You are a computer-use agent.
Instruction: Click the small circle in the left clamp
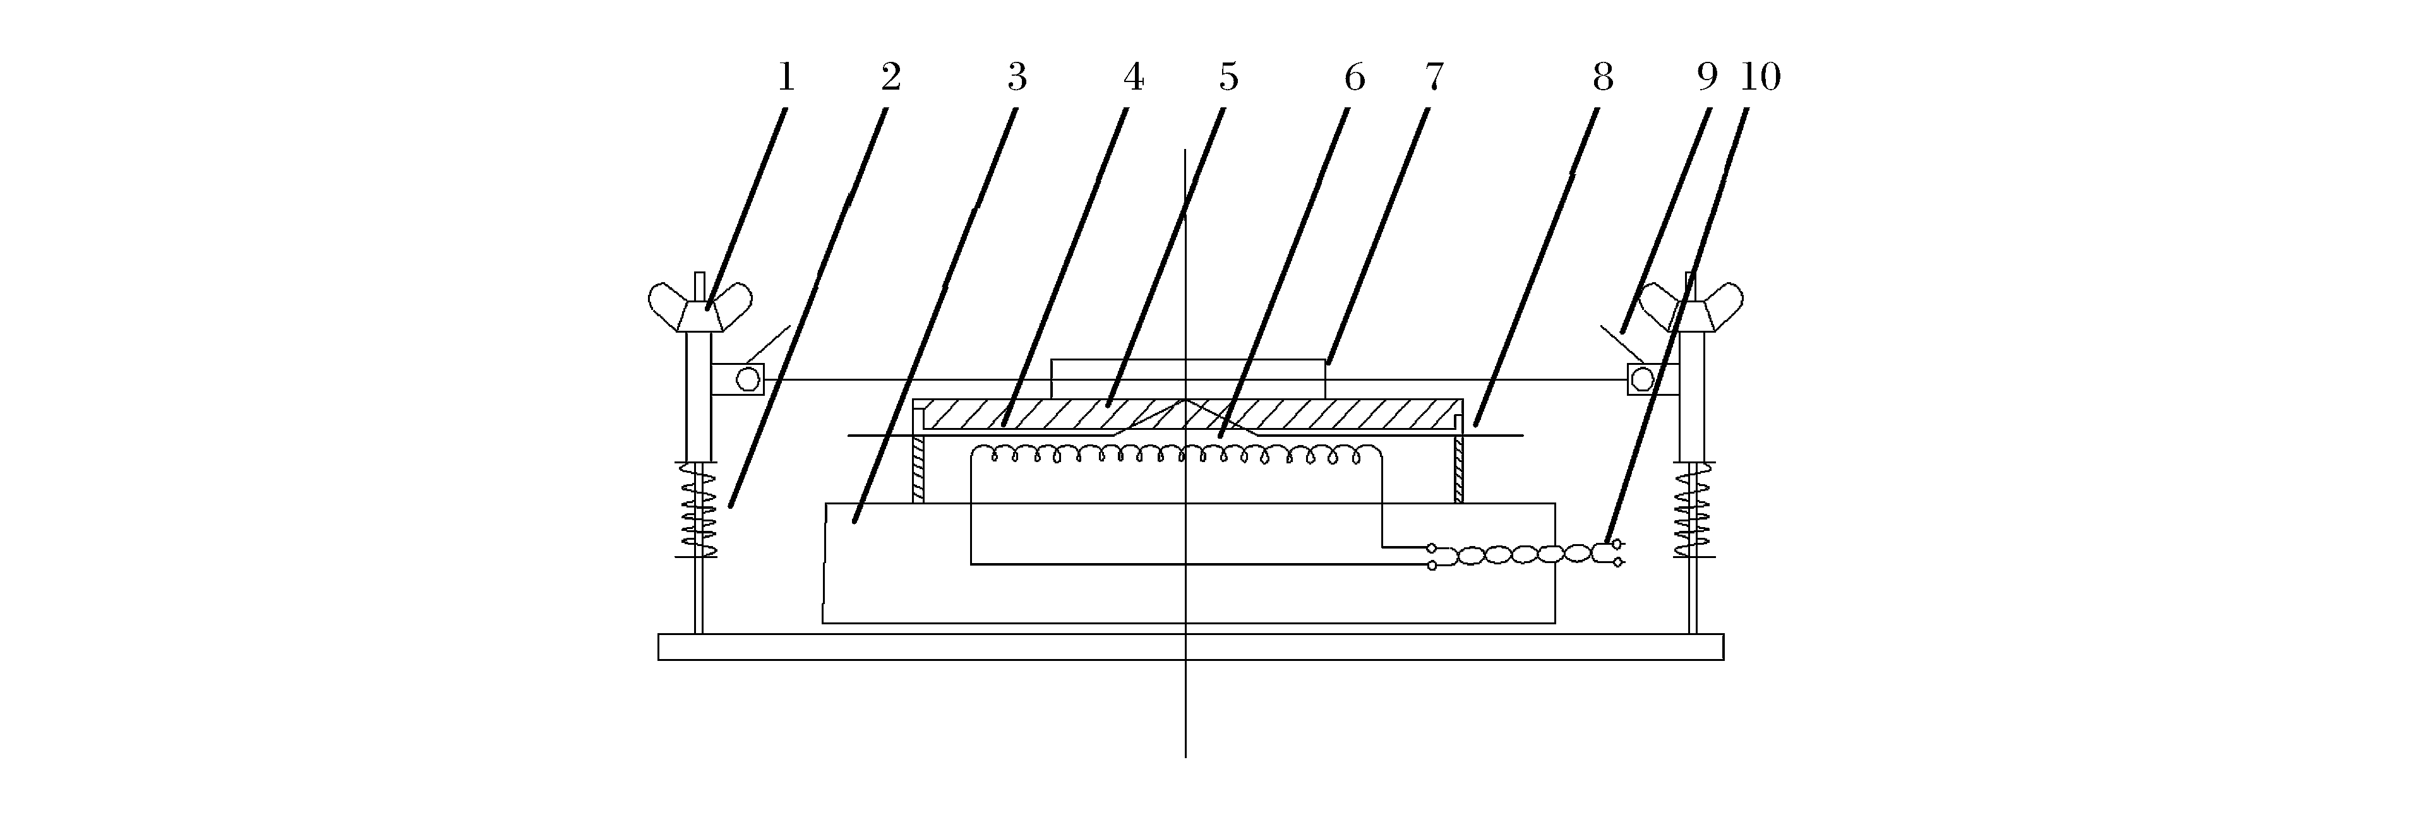(x=748, y=379)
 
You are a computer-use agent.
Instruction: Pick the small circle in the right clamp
(x=1641, y=379)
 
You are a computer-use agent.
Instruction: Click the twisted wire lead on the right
(x=1523, y=555)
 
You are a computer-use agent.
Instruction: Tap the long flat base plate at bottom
(x=1190, y=646)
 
